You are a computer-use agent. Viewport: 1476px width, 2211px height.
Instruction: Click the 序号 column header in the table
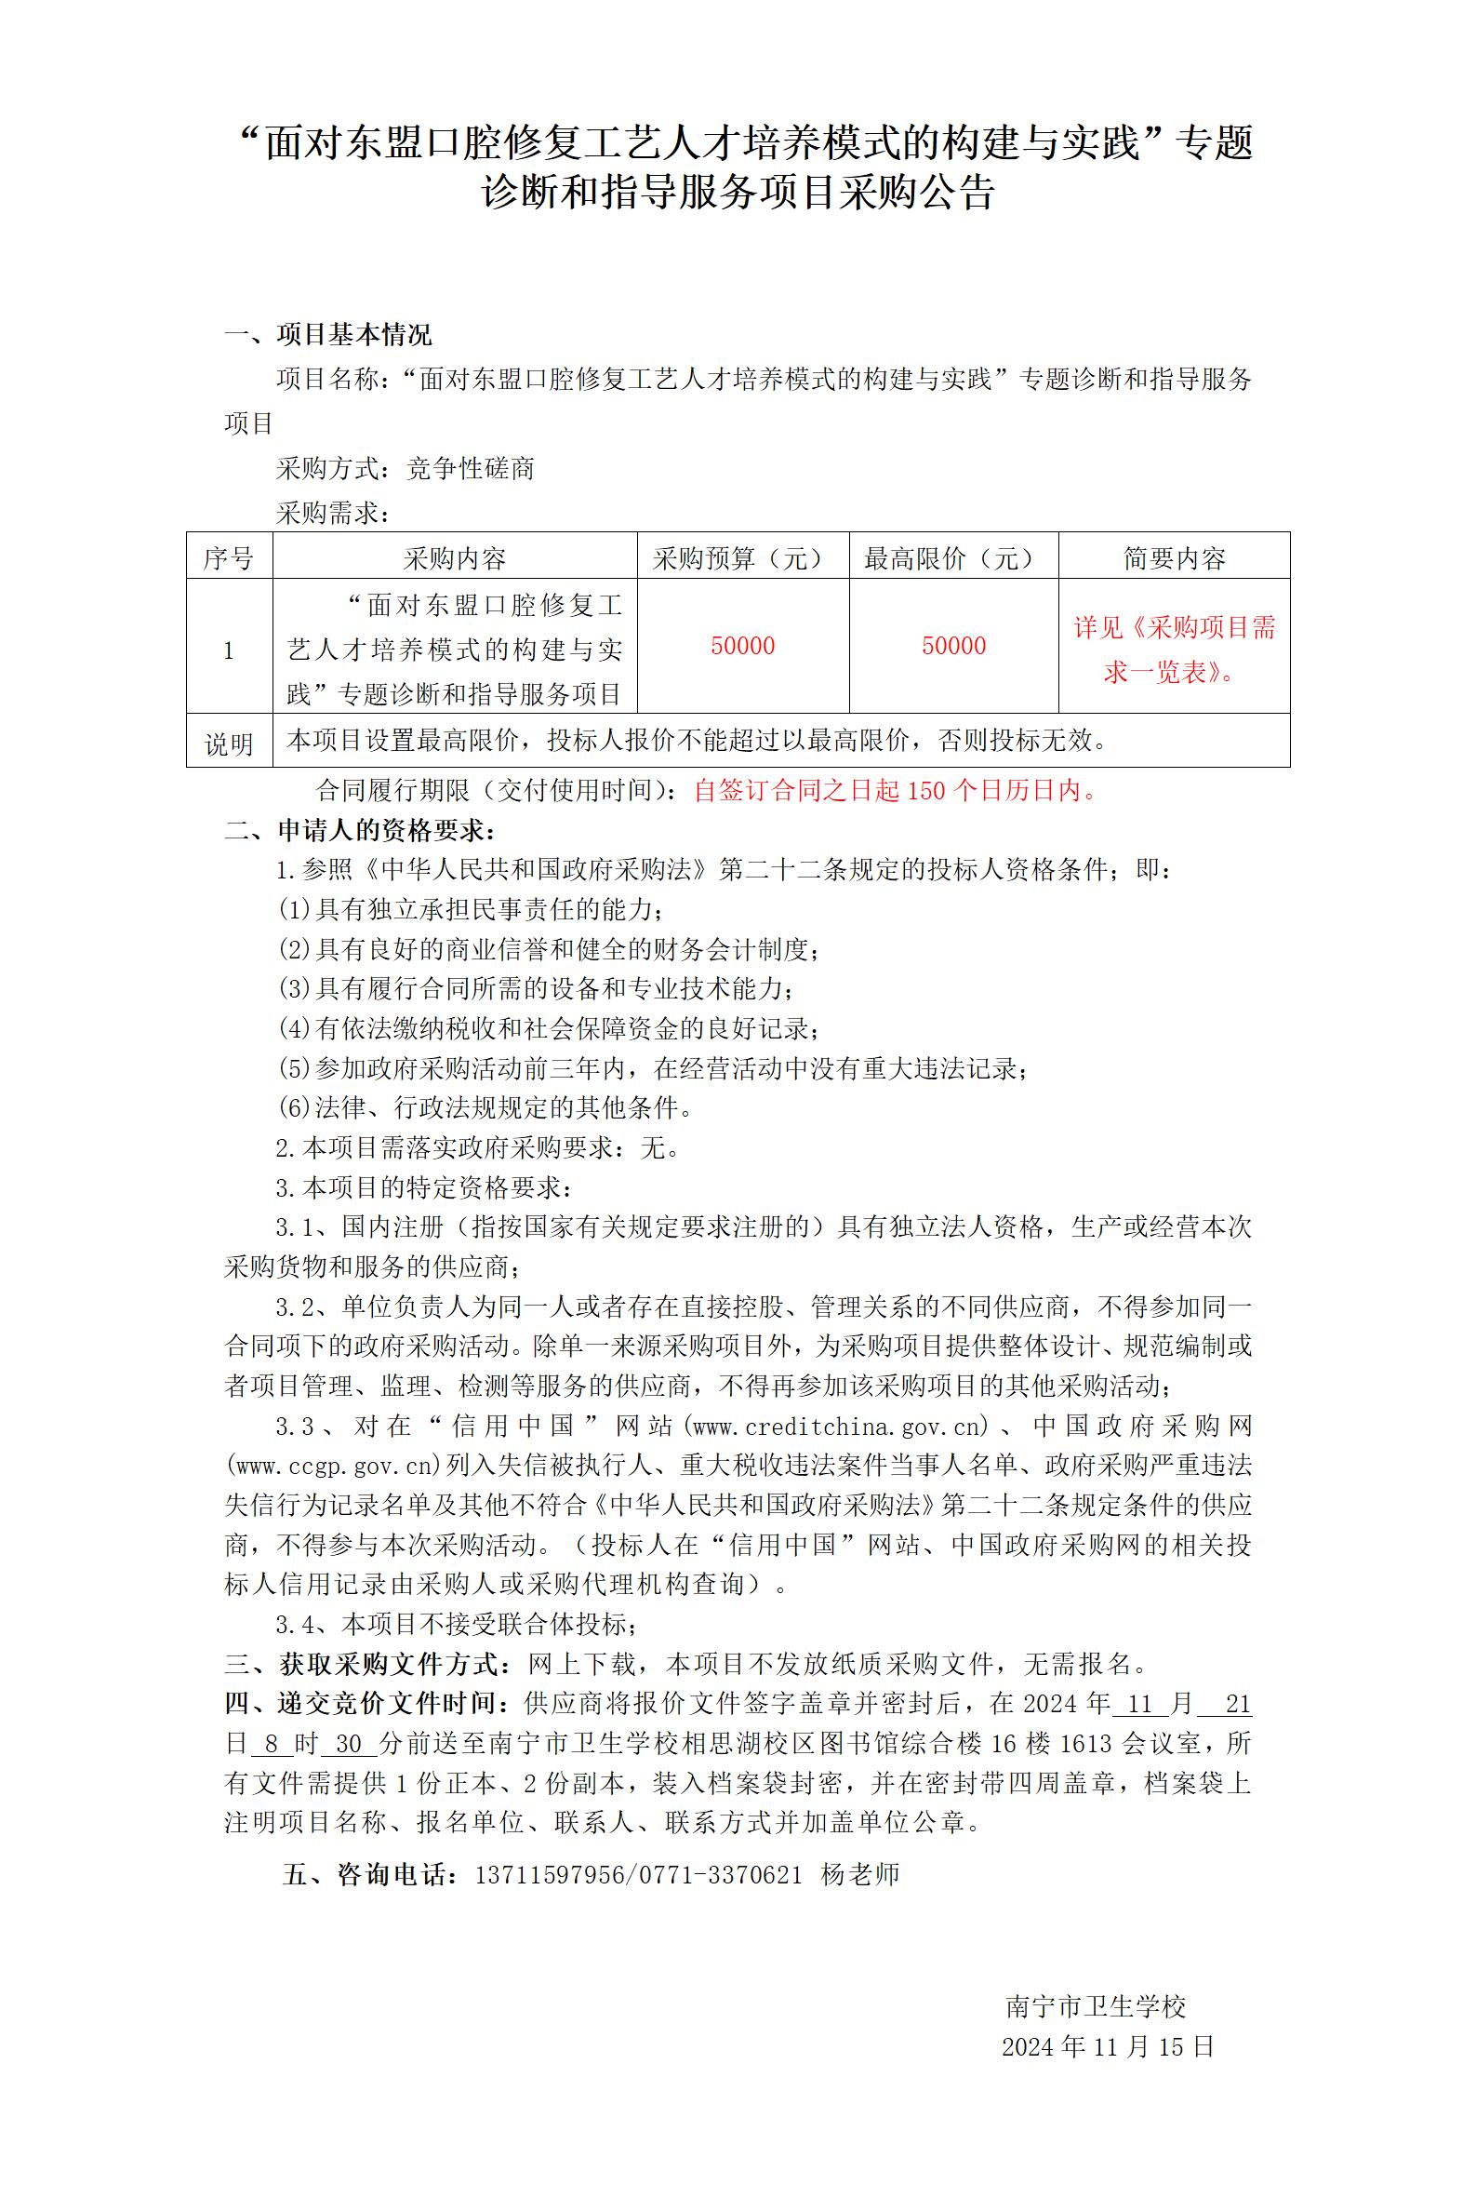[229, 558]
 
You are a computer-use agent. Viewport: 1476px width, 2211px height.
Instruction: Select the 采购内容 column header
[455, 558]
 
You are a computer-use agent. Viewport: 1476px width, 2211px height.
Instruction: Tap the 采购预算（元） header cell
[743, 558]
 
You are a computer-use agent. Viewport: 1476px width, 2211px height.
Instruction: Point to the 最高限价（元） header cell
[953, 558]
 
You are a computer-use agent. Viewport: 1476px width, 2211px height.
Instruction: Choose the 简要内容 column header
[1174, 558]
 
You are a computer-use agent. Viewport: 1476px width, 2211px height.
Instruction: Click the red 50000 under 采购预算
[743, 646]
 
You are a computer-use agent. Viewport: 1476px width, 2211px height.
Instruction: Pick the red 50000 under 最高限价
[953, 646]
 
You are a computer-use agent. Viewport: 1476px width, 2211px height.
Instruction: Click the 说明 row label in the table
[229, 744]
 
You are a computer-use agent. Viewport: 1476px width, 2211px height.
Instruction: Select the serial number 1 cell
[229, 650]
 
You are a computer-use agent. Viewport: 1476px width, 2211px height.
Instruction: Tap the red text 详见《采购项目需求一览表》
[1174, 650]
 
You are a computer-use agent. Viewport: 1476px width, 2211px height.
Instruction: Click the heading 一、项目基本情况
[328, 334]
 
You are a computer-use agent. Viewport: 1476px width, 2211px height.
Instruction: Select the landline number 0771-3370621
[721, 1874]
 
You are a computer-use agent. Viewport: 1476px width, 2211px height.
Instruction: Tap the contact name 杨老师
[859, 1874]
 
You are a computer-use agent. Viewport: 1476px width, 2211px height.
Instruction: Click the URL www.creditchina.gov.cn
[841, 1427]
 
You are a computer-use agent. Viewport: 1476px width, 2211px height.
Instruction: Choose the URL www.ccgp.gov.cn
[335, 1467]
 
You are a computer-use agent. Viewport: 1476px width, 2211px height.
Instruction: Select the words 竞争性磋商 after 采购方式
[470, 469]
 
